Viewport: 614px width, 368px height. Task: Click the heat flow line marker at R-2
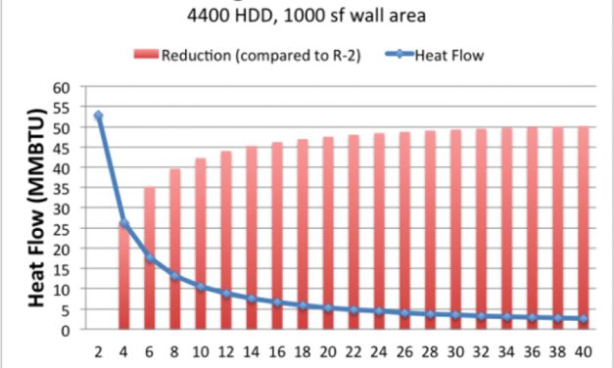click(98, 115)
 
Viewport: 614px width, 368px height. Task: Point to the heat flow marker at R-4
click(123, 224)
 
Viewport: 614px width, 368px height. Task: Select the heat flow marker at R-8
click(174, 277)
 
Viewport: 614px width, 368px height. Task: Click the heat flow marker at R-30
click(454, 315)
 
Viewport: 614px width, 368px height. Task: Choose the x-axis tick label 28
click(429, 351)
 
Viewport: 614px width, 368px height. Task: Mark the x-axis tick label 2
click(98, 351)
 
